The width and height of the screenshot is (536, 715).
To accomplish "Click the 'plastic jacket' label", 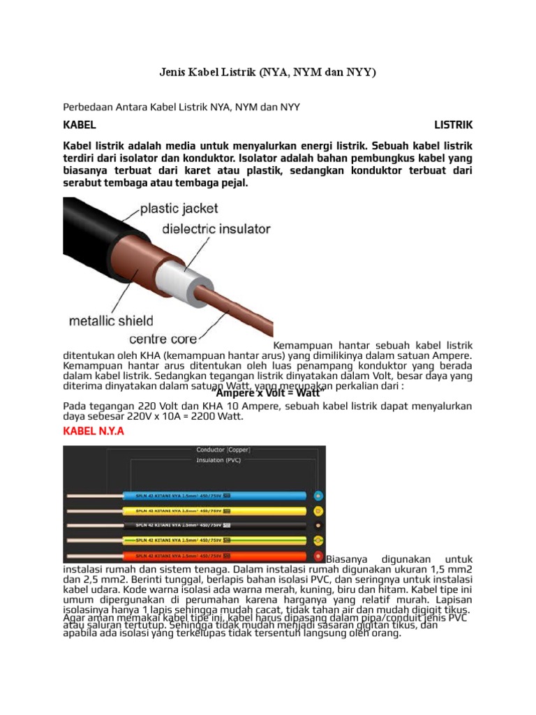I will [x=179, y=208].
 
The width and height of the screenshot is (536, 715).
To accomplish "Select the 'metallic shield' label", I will [x=110, y=321].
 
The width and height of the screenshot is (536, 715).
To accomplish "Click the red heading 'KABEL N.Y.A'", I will [x=94, y=432].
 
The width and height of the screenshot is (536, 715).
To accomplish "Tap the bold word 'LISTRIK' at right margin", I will [x=453, y=125].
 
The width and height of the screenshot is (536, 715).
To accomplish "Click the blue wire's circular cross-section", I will [x=318, y=496].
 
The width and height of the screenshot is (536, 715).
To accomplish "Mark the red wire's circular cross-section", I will [x=318, y=555].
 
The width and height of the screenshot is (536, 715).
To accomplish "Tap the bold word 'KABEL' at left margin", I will [x=80, y=125].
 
